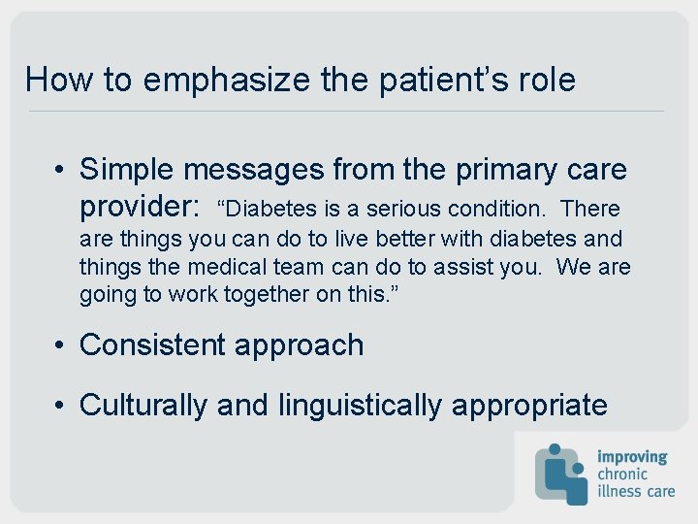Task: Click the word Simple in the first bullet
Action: tap(127, 170)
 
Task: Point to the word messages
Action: tap(254, 170)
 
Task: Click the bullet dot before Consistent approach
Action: tap(60, 345)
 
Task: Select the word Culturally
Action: tap(143, 405)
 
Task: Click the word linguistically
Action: tap(360, 405)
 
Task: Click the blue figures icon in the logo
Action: tap(561, 473)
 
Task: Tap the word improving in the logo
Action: tap(632, 456)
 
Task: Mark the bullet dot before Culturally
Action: tap(60, 405)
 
